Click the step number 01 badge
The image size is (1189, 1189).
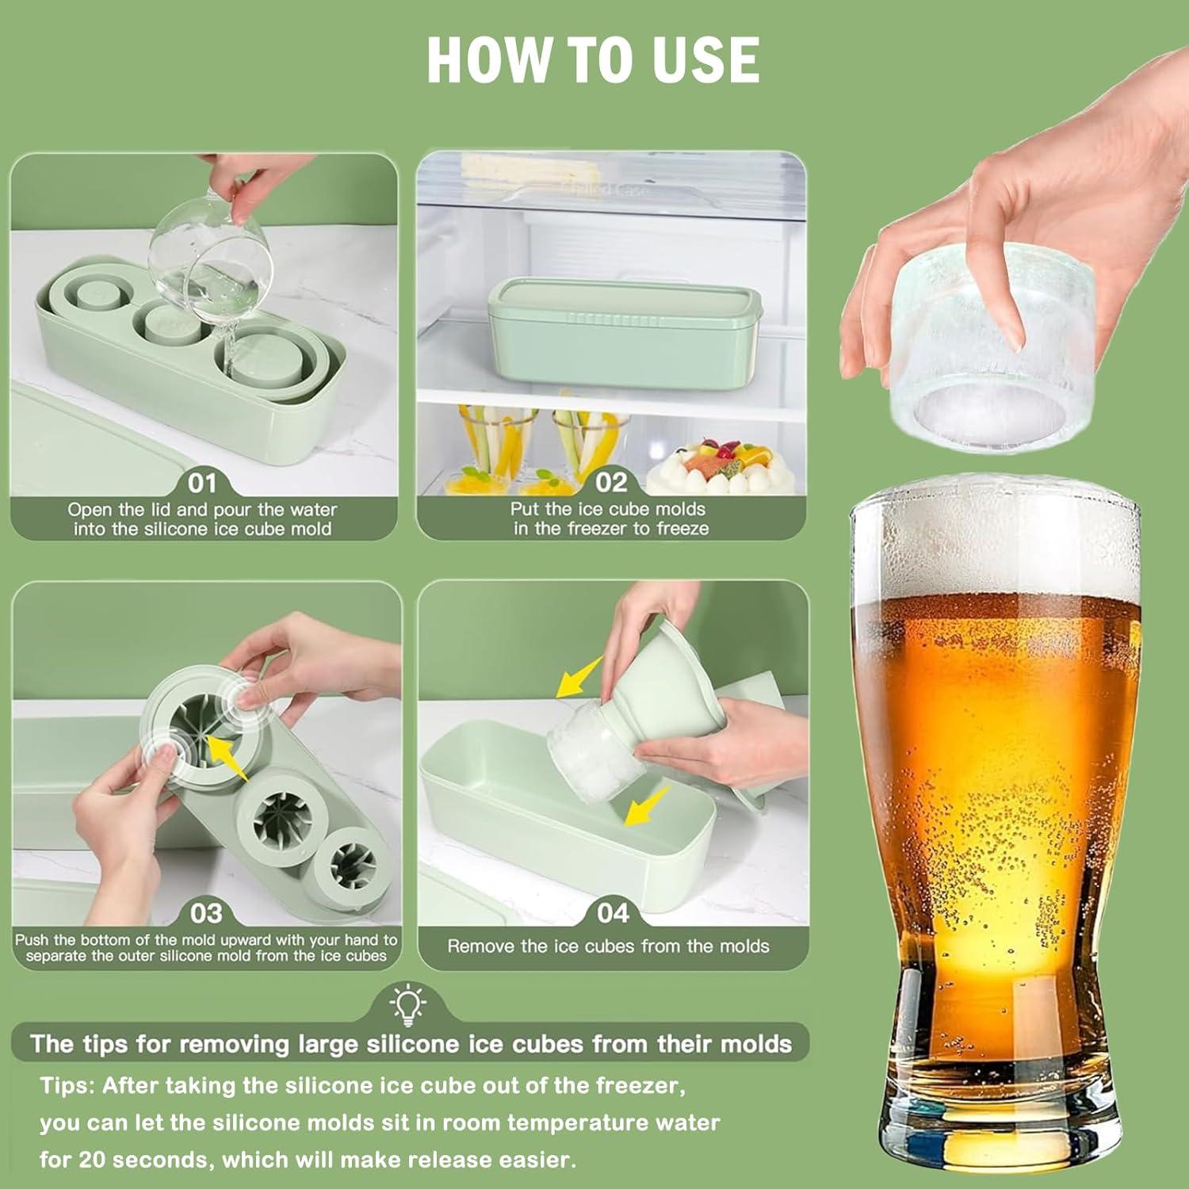coord(201,483)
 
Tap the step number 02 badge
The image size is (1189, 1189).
coord(611,482)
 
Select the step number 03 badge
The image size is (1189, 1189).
coord(206,914)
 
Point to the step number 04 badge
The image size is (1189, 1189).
coord(613,914)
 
